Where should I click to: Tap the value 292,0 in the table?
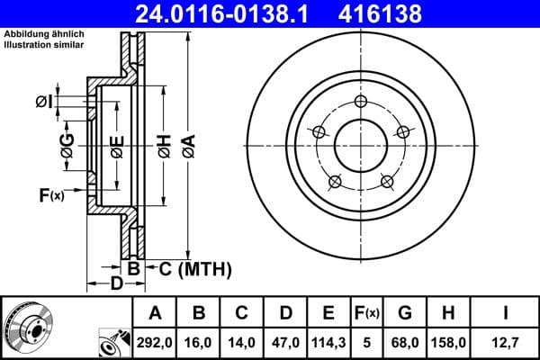click(x=155, y=341)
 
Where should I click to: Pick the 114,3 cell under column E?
click(x=328, y=341)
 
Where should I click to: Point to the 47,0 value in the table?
click(x=285, y=341)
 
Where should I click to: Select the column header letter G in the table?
click(x=404, y=313)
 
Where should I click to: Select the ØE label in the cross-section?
click(x=116, y=147)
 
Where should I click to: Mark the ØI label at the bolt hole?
click(x=42, y=103)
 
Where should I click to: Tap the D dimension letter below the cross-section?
click(x=116, y=285)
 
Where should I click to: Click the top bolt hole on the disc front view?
click(x=362, y=101)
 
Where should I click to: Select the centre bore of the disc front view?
click(x=362, y=144)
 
